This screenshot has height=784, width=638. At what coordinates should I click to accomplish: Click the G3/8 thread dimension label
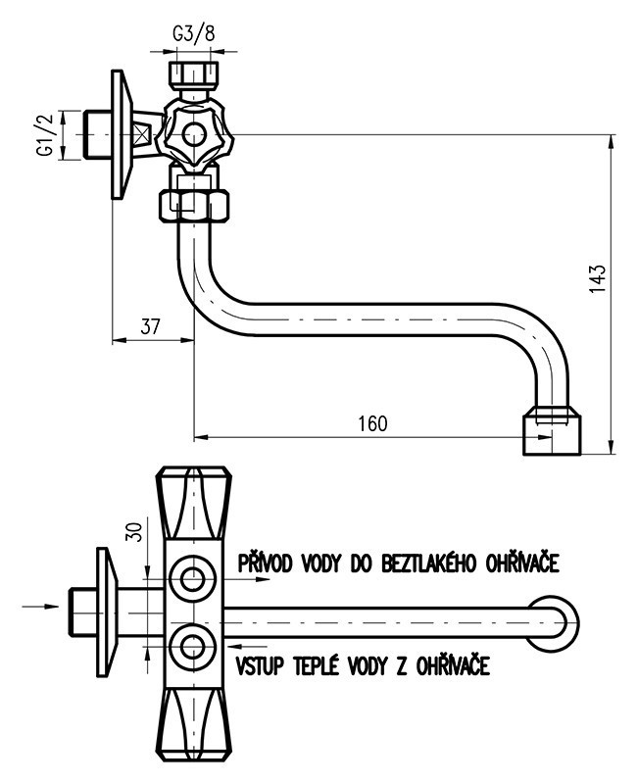[x=193, y=33]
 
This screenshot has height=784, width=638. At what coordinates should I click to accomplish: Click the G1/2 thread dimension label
[x=45, y=135]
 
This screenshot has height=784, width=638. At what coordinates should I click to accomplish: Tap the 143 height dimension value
[x=598, y=279]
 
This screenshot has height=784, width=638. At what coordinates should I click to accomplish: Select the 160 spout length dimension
[x=373, y=423]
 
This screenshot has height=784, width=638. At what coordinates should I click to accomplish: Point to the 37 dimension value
[x=150, y=326]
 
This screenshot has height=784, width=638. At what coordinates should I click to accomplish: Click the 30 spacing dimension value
[x=134, y=530]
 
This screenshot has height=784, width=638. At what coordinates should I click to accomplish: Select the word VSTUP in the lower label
[x=260, y=665]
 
